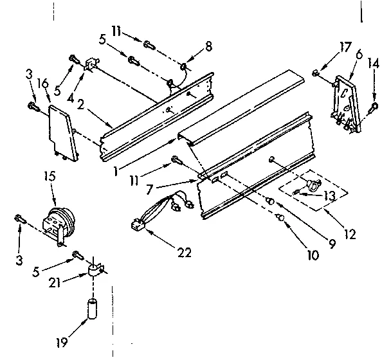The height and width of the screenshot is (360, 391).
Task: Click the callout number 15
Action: pos(49,175)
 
